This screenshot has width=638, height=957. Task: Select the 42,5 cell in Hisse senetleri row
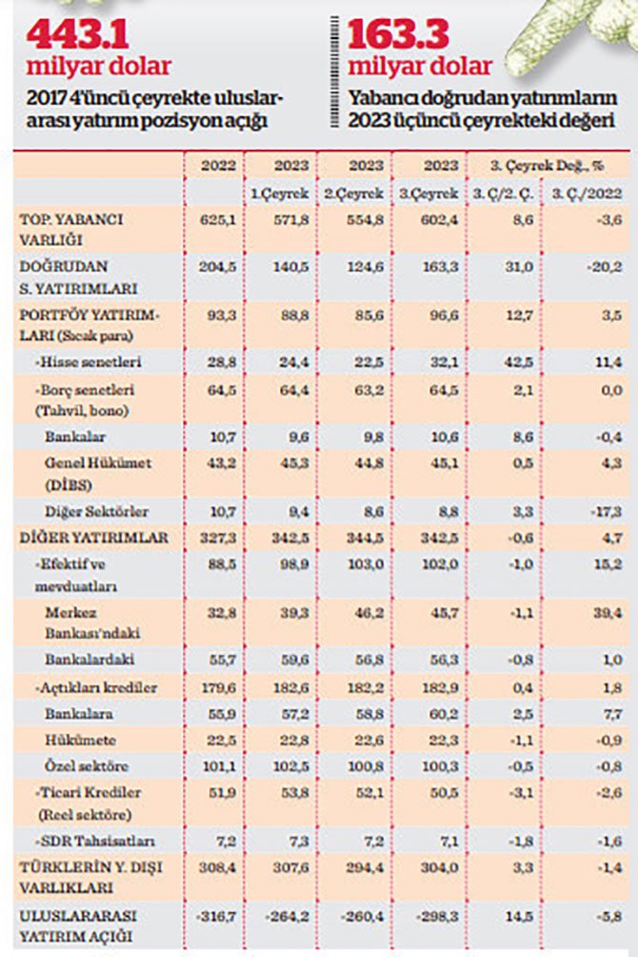tap(504, 362)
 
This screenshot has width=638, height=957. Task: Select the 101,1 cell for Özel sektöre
tap(218, 765)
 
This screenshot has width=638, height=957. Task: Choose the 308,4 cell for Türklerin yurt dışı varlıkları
tap(218, 867)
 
